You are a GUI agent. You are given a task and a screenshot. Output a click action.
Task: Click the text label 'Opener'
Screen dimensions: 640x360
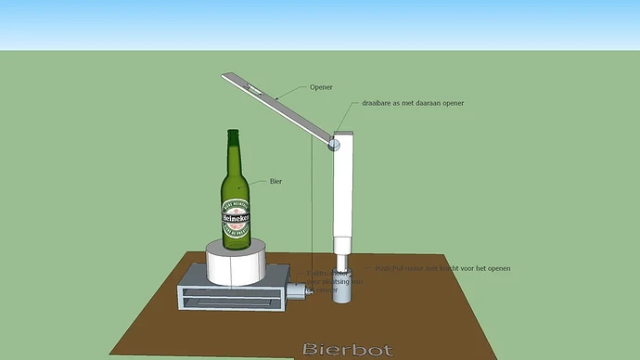(321, 87)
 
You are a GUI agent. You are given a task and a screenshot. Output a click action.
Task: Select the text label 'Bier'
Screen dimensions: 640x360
(276, 181)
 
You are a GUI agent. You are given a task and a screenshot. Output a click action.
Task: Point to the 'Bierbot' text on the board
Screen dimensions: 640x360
(347, 351)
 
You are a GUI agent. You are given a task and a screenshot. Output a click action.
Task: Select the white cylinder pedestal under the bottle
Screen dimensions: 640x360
(236, 263)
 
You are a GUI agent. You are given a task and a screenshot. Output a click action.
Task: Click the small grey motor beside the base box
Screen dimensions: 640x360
(296, 290)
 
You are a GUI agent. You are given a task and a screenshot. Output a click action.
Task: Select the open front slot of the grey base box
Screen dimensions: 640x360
(231, 299)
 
